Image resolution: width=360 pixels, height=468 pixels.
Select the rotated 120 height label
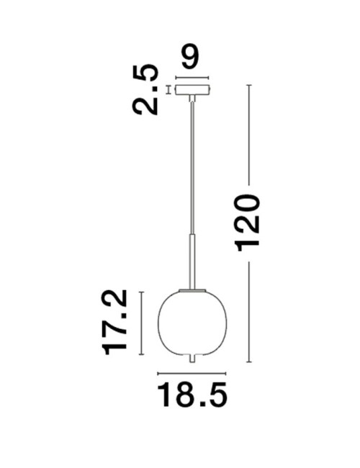coord(248,222)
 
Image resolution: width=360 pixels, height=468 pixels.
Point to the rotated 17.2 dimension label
coord(115,321)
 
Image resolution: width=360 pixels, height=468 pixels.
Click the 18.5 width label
coord(192,396)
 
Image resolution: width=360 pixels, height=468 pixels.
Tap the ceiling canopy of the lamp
coord(192,90)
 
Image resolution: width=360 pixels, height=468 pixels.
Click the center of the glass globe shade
coord(192,321)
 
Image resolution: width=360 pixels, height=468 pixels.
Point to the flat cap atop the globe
coord(192,289)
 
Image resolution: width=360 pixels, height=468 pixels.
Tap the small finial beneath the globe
coord(192,358)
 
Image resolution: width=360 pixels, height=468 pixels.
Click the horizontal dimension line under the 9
coord(192,78)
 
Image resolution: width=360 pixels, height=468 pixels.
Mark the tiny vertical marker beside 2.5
coord(168,90)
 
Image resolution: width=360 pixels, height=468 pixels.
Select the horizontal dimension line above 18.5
coord(192,374)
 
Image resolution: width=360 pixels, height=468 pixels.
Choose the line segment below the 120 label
coord(249,310)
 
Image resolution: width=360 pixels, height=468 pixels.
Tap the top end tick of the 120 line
coord(249,85)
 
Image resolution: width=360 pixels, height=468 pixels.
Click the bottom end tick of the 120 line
coord(249,362)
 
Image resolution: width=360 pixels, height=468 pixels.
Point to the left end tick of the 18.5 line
coord(158,374)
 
